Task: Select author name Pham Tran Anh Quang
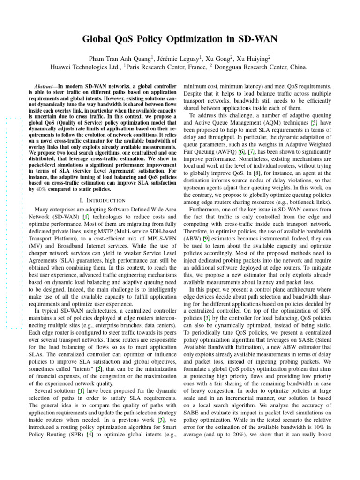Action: tap(119, 59)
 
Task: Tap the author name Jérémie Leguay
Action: tap(176, 59)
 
